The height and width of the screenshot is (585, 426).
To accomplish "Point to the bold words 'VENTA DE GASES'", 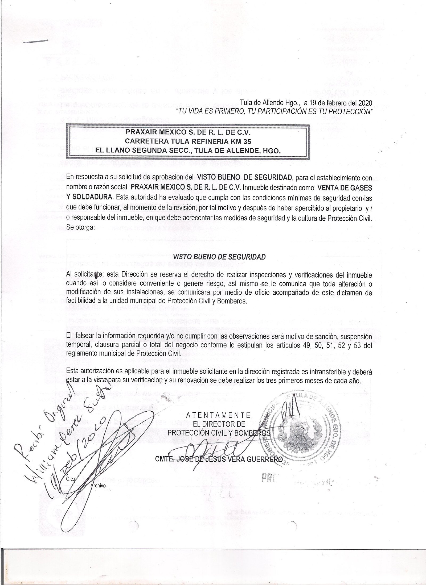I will point(343,187).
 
